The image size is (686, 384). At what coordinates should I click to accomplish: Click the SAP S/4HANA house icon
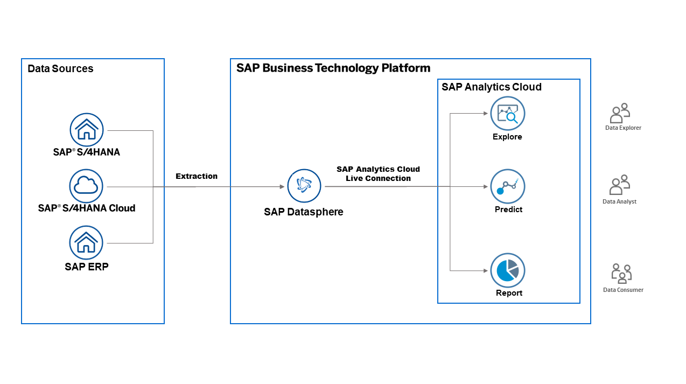tap(87, 130)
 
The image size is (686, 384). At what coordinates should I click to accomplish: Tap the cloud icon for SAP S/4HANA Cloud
tap(87, 186)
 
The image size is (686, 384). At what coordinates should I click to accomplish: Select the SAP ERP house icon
tap(87, 243)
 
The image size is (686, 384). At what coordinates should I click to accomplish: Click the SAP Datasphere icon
tap(304, 186)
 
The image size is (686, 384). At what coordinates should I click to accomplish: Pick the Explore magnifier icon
tap(507, 114)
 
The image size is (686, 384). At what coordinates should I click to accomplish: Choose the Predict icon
tap(507, 186)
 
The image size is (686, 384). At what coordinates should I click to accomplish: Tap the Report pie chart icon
tap(507, 270)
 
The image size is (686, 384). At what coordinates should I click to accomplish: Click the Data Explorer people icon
tap(620, 114)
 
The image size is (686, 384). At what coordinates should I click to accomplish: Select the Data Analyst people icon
tap(620, 185)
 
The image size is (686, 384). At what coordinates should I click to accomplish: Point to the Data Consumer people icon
tap(621, 273)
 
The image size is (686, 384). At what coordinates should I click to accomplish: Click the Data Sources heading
tap(60, 69)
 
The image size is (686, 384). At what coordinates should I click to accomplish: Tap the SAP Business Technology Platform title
tap(333, 68)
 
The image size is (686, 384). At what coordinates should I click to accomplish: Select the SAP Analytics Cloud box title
tap(492, 87)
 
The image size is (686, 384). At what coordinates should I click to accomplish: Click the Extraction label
tap(197, 176)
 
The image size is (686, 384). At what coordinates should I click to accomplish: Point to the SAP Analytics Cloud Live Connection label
tap(378, 173)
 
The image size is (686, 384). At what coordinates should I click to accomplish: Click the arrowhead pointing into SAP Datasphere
tap(282, 187)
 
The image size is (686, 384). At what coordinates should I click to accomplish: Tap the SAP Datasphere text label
tap(304, 212)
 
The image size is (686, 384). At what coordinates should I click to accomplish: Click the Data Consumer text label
tap(623, 290)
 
